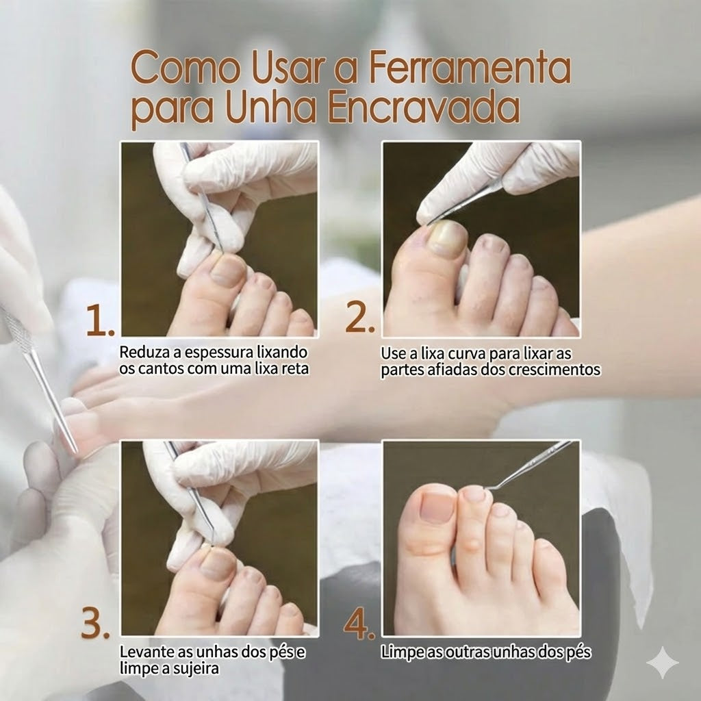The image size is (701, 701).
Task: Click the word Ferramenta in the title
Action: [x=470, y=67]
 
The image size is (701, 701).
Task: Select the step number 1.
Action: [x=100, y=320]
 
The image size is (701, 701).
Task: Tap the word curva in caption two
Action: [x=467, y=354]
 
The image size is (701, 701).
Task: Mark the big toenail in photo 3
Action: [x=218, y=564]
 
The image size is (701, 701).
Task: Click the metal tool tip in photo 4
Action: [x=488, y=489]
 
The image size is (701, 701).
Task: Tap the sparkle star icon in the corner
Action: [x=663, y=663]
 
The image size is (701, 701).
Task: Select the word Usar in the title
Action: [x=287, y=67]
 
